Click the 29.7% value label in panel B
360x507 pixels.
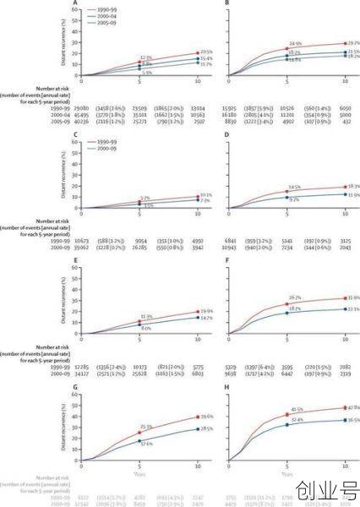coord(353,42)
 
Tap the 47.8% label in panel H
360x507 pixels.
coord(353,408)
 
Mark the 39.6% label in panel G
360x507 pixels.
coord(205,417)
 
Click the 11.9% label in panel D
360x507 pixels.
coord(353,195)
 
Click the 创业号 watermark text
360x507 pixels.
coord(326,490)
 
